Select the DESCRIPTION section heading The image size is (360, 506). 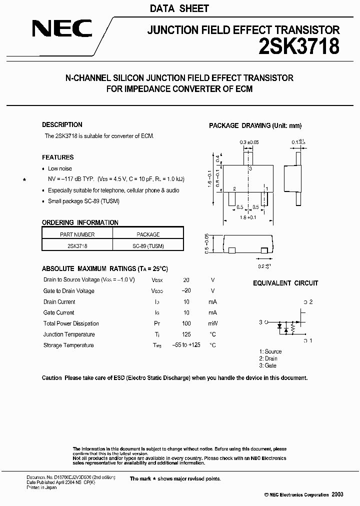62,124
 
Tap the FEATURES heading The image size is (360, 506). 57,157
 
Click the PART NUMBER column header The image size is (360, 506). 77,234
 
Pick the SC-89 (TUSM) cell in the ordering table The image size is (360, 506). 148,245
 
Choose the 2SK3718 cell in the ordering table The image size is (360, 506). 77,245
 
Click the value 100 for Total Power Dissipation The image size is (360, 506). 186,323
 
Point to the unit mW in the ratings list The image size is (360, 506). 213,323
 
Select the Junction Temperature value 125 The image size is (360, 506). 186,334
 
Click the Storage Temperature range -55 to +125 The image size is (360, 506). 186,345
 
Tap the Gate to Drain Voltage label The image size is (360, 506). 68,291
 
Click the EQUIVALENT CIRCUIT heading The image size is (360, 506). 285,283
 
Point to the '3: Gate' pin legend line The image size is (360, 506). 267,365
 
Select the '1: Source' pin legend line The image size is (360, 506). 270,351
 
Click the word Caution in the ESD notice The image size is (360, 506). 52,378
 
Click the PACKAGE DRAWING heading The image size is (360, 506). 255,125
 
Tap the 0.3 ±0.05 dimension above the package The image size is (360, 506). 249,142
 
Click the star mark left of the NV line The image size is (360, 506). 24,179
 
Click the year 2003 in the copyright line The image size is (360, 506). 337,494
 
